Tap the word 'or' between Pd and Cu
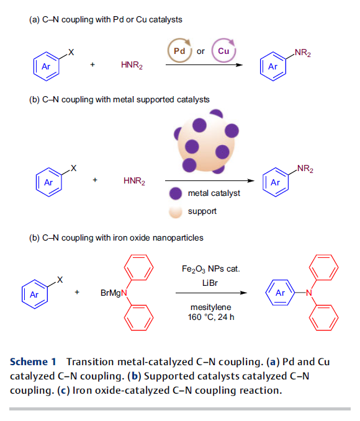coord(200,51)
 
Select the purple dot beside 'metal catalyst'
coord(176,193)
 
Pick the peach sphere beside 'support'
coord(176,211)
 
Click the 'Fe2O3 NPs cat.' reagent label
coord(211,269)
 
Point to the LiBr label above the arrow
coord(210,283)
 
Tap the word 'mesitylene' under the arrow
coord(211,307)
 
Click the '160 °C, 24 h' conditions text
coord(211,317)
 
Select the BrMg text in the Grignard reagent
coord(110,293)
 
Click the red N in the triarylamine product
coord(309,293)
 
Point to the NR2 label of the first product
coord(303,53)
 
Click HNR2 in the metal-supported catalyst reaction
coord(134,181)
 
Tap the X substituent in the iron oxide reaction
coord(60,280)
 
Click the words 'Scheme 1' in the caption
coord(33,362)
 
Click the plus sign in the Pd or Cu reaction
coord(92,64)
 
